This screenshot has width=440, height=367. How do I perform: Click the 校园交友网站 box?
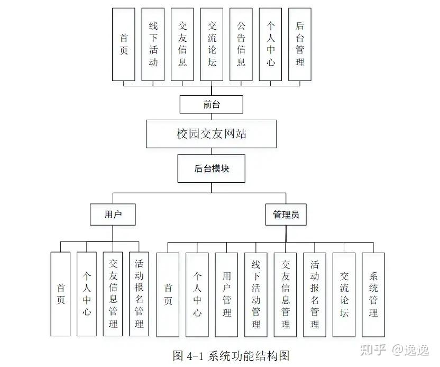tap(211, 133)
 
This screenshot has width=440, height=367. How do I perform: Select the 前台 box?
tap(211, 104)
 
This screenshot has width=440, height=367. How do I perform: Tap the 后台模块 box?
tap(211, 169)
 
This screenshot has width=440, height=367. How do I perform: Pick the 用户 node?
tap(113, 214)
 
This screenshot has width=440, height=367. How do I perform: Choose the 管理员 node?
tap(286, 214)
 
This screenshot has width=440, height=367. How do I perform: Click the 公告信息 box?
tap(241, 44)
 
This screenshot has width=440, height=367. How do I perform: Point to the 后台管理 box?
tap(300, 44)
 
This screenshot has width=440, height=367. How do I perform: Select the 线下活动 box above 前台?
tap(153, 44)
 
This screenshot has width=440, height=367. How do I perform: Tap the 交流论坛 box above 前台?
tap(212, 44)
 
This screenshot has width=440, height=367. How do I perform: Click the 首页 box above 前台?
tap(124, 44)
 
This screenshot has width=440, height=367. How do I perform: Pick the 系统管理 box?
tap(373, 294)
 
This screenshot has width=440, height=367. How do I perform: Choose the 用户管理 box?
tap(227, 294)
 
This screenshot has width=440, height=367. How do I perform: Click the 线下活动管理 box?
tap(256, 294)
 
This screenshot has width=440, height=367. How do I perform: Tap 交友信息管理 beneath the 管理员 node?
tap(286, 294)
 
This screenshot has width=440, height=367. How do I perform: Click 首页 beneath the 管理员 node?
tap(168, 294)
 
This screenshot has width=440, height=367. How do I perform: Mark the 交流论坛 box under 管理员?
tap(344, 294)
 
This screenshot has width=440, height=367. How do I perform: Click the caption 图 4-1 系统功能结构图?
tap(231, 355)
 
